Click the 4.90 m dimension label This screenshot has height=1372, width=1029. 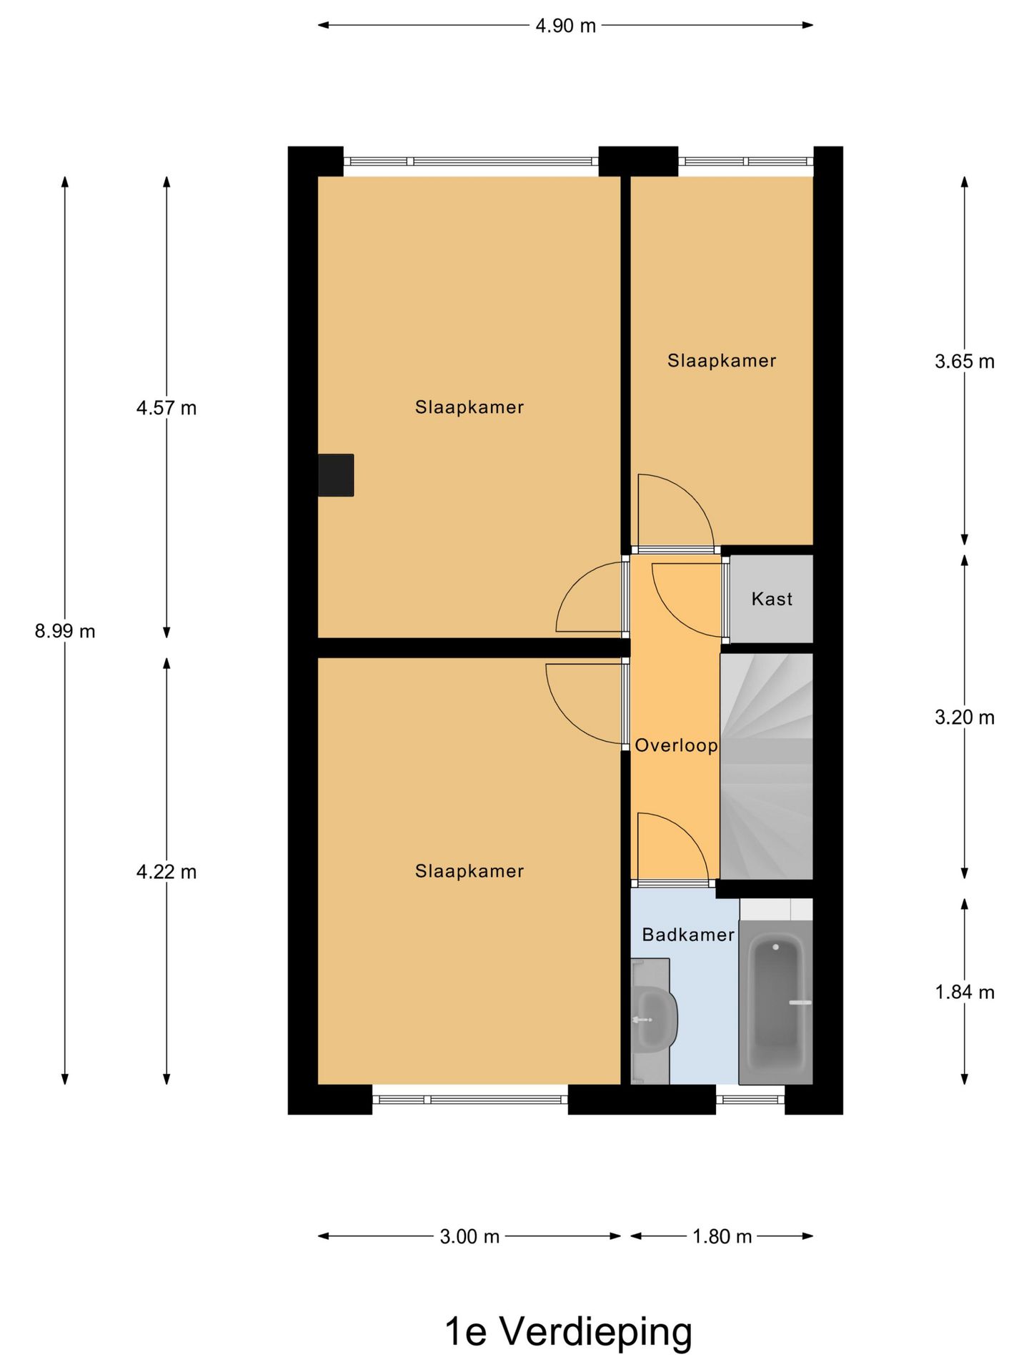[x=565, y=26]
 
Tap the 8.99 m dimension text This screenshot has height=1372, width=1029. [x=65, y=631]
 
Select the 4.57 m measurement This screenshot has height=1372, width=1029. [x=166, y=408]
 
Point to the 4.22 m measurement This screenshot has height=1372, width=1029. [x=166, y=872]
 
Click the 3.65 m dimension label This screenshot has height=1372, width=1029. [x=964, y=362]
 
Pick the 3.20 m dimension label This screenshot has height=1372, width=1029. [x=964, y=717]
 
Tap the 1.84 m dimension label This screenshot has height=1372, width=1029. [x=964, y=992]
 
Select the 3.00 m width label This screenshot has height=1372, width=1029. [x=469, y=1236]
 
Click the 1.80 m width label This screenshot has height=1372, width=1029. [x=722, y=1236]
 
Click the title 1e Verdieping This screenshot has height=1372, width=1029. [x=568, y=1331]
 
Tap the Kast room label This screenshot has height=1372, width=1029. [x=772, y=599]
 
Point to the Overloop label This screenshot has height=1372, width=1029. [x=676, y=745]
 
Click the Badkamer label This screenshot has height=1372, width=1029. [x=687, y=935]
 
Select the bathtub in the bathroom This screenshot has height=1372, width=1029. [x=775, y=1002]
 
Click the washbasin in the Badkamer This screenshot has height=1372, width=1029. [x=654, y=1018]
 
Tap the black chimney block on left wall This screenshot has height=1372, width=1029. [x=336, y=475]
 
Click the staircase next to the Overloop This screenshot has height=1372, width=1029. [x=766, y=766]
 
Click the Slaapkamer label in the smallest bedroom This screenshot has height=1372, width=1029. [x=722, y=361]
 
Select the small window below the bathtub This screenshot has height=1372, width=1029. [x=750, y=1099]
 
